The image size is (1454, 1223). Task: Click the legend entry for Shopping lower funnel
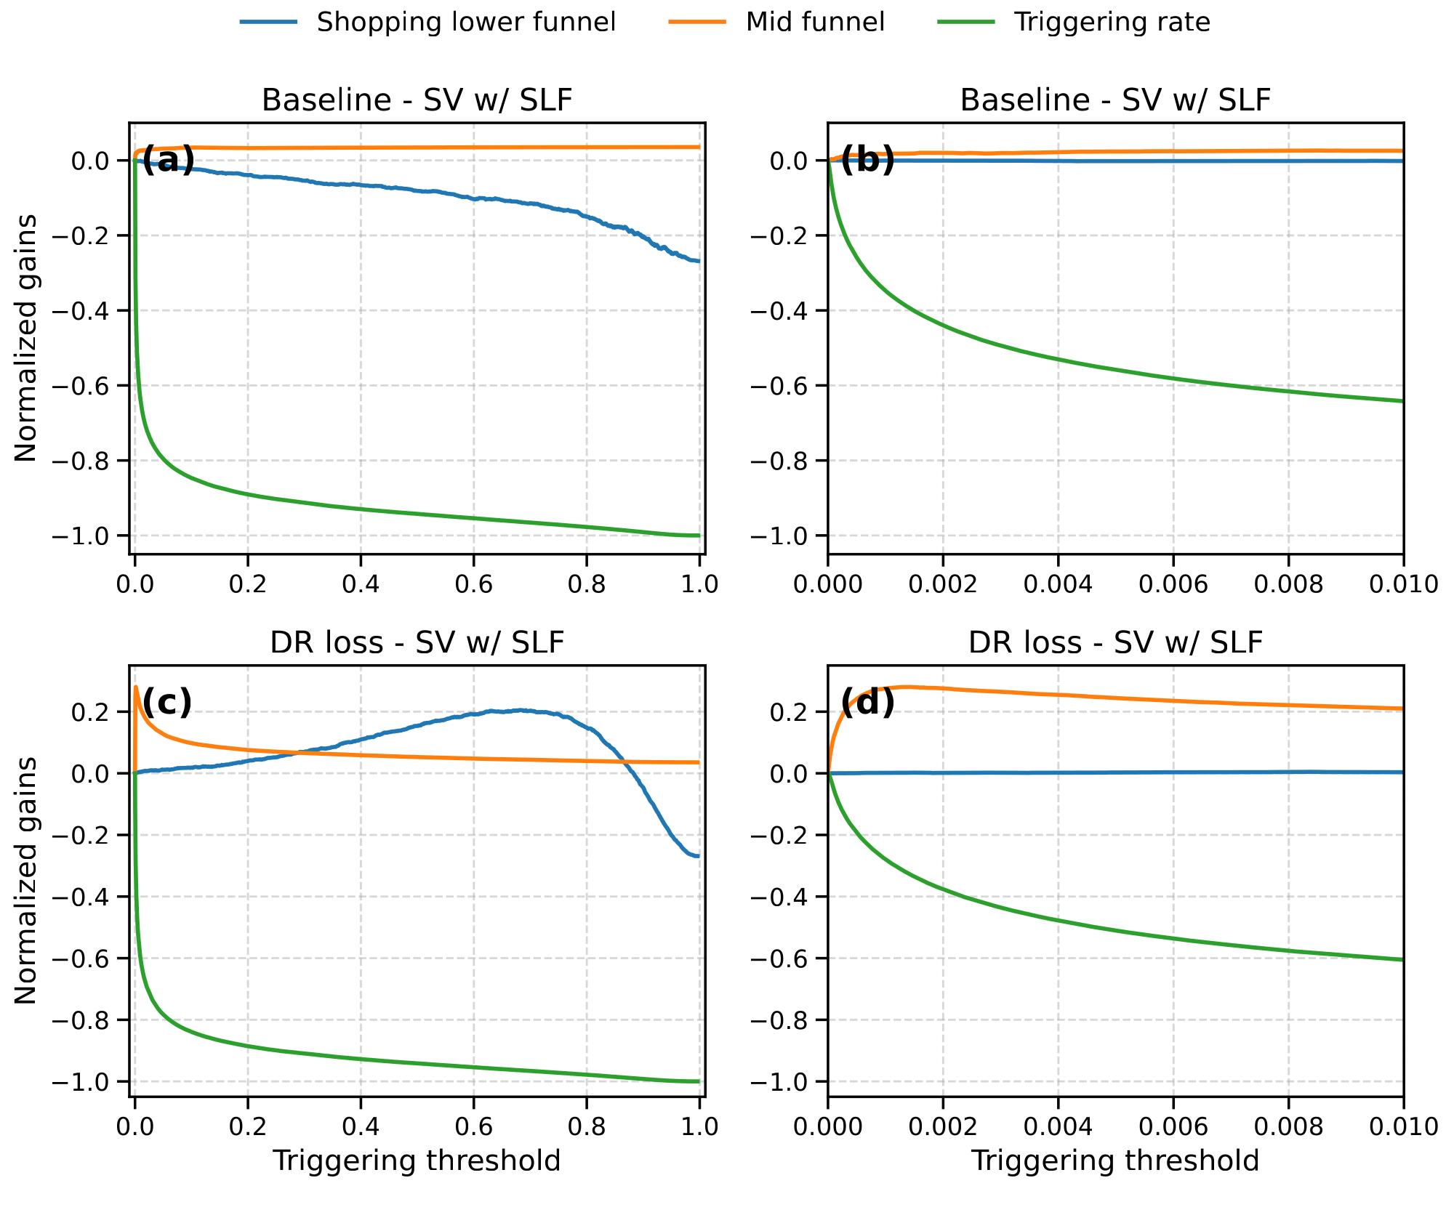pos(428,23)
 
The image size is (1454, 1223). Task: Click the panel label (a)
pos(168,161)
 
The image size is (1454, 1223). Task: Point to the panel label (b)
pos(867,161)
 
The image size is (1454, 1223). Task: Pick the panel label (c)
pos(167,703)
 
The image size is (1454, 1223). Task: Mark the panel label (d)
pos(867,703)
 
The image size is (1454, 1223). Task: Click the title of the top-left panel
pos(417,100)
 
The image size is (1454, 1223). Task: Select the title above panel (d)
pos(1116,642)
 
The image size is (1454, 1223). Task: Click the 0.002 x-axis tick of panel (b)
pos(943,585)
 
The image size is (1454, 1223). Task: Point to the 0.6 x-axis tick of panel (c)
pos(473,1127)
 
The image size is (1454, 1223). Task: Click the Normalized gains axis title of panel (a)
pos(26,338)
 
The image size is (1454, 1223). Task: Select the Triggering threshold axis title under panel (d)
pos(1116,1161)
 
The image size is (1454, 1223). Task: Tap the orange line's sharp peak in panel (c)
pos(136,687)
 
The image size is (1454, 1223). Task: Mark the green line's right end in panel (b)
pos(1403,401)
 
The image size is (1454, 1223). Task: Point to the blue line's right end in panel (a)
pos(699,261)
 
